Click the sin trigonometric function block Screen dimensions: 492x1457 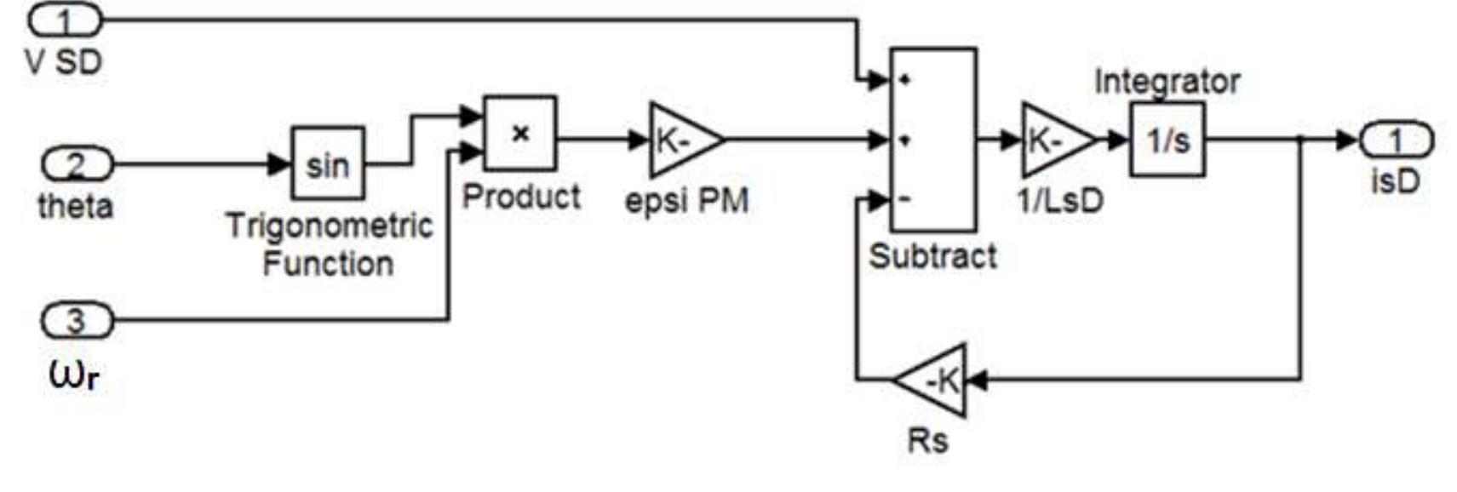[328, 163]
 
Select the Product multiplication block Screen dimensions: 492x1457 [519, 134]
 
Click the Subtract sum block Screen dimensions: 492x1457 [932, 140]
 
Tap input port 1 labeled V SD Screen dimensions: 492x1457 [66, 19]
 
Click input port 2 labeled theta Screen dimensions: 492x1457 [77, 163]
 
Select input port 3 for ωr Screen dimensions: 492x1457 [77, 321]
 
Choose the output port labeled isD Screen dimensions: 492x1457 [1396, 140]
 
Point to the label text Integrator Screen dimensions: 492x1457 [1166, 82]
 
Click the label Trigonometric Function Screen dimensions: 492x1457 [329, 244]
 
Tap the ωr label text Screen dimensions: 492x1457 [75, 374]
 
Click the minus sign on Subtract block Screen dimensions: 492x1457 [905, 199]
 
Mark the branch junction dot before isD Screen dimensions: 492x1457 [1299, 140]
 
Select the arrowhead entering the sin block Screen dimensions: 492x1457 [280, 163]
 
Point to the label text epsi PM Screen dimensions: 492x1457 [686, 201]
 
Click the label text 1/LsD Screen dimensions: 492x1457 [1060, 200]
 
